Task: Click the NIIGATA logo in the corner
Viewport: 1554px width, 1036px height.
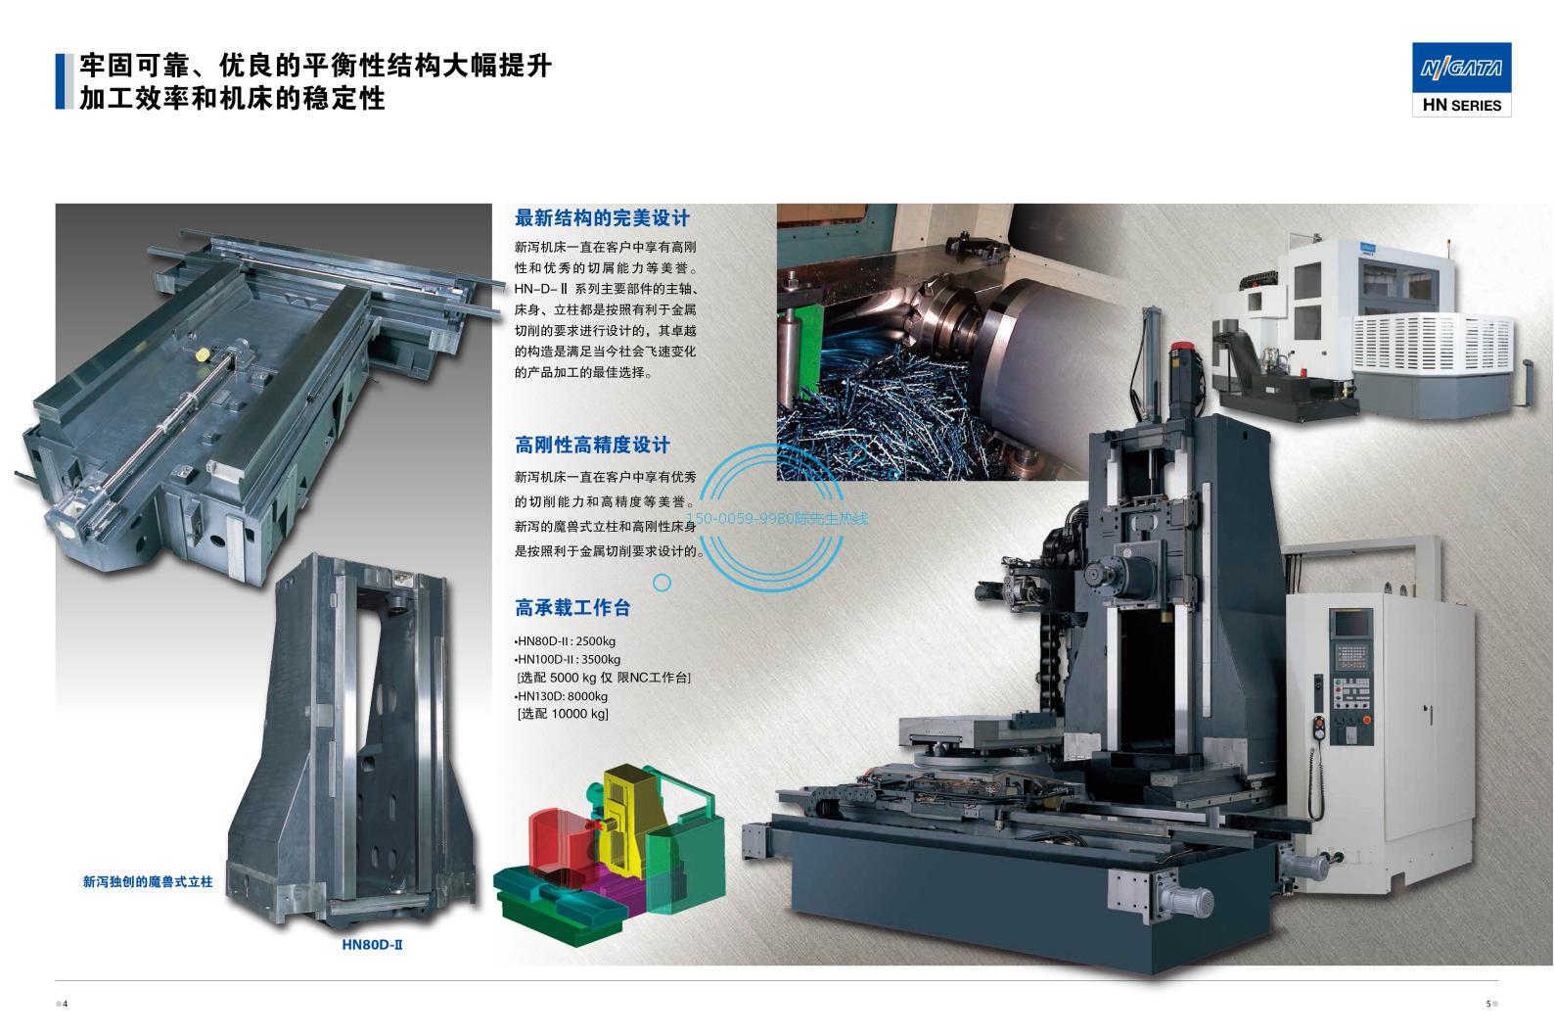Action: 1462,68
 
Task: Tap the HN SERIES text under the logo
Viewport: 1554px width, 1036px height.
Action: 1462,106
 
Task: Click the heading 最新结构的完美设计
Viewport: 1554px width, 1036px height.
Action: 602,218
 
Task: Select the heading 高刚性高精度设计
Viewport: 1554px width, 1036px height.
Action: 592,446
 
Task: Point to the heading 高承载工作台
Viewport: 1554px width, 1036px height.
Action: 572,608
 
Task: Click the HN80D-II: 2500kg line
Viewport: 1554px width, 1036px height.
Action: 565,641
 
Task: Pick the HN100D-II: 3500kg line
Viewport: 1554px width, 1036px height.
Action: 568,659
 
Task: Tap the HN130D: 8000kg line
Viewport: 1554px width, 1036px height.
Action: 562,696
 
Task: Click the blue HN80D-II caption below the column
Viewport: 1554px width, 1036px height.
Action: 372,944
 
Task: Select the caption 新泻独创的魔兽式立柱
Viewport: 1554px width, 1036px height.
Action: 148,882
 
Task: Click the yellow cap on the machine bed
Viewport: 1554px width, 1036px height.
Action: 203,354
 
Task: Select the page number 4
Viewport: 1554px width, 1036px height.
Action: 66,1004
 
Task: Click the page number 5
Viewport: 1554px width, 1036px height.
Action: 1488,1004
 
